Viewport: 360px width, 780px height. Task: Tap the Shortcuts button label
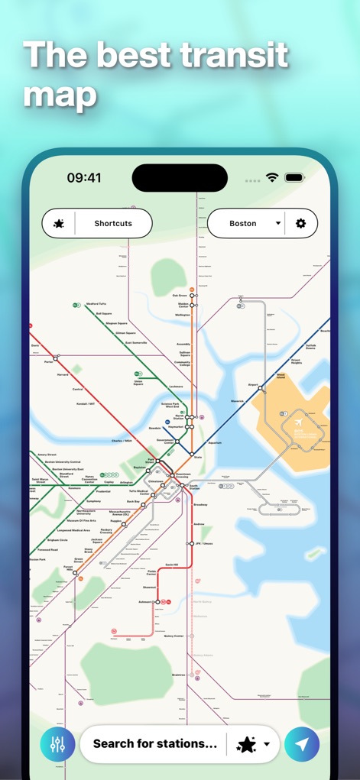click(113, 224)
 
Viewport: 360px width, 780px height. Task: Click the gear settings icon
click(301, 224)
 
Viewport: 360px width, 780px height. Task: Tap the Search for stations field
click(155, 743)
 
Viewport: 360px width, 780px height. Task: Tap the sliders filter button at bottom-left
click(57, 744)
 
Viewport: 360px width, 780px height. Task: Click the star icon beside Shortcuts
click(59, 224)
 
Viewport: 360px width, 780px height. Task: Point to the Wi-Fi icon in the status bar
click(272, 177)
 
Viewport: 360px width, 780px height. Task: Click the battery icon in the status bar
click(295, 177)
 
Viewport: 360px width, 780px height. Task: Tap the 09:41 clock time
click(84, 178)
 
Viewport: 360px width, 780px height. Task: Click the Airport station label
click(254, 385)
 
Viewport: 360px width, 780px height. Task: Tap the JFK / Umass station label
click(203, 543)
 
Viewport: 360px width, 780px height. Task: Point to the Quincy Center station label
click(174, 636)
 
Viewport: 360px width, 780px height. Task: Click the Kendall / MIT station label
click(86, 403)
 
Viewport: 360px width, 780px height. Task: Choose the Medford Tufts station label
click(96, 303)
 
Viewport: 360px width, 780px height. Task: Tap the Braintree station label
click(179, 675)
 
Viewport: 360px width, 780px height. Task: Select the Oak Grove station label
click(180, 295)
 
